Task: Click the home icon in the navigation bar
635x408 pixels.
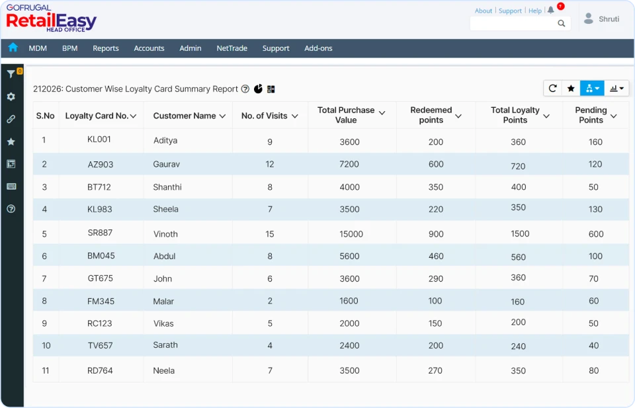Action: (x=13, y=48)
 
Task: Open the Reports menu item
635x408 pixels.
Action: (x=106, y=48)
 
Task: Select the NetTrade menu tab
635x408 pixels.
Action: (x=232, y=48)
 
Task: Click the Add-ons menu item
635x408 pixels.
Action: (x=318, y=48)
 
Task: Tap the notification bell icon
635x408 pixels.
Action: (x=551, y=11)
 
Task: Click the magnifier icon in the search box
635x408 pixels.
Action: (x=562, y=24)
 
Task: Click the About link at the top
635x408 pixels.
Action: (x=484, y=11)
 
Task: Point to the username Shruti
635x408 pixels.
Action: (x=609, y=19)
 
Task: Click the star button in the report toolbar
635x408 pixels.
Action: (x=571, y=88)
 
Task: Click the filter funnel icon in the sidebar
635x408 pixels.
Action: (x=11, y=74)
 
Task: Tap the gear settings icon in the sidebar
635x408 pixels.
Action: (x=11, y=97)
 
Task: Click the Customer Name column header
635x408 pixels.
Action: (x=185, y=116)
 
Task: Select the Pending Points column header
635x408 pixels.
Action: (x=591, y=115)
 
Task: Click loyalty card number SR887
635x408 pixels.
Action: (x=100, y=233)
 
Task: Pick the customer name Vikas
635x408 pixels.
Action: (x=163, y=323)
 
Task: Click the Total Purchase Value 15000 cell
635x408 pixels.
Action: (x=351, y=233)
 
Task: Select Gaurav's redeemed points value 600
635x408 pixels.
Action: (x=435, y=164)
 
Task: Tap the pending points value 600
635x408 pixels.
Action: (x=595, y=233)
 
